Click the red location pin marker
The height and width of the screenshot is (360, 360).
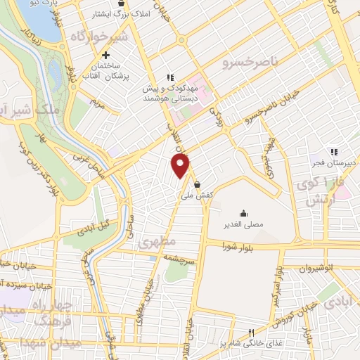pos(181,166)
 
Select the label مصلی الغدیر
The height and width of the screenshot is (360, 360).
pos(243,224)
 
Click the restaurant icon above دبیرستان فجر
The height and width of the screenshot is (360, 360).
pos(335,150)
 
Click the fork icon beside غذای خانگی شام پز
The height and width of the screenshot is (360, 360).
pos(250,333)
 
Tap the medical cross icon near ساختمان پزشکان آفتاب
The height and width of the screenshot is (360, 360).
pos(105,56)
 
